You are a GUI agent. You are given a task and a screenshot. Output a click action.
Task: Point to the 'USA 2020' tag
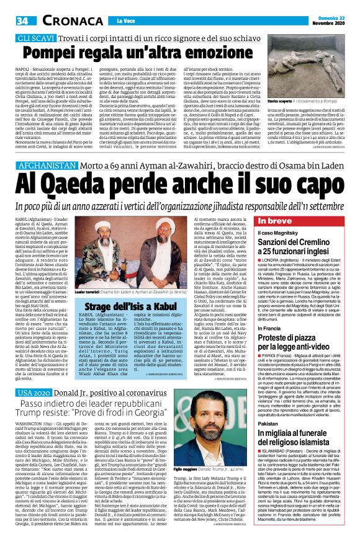pos(33,411)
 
